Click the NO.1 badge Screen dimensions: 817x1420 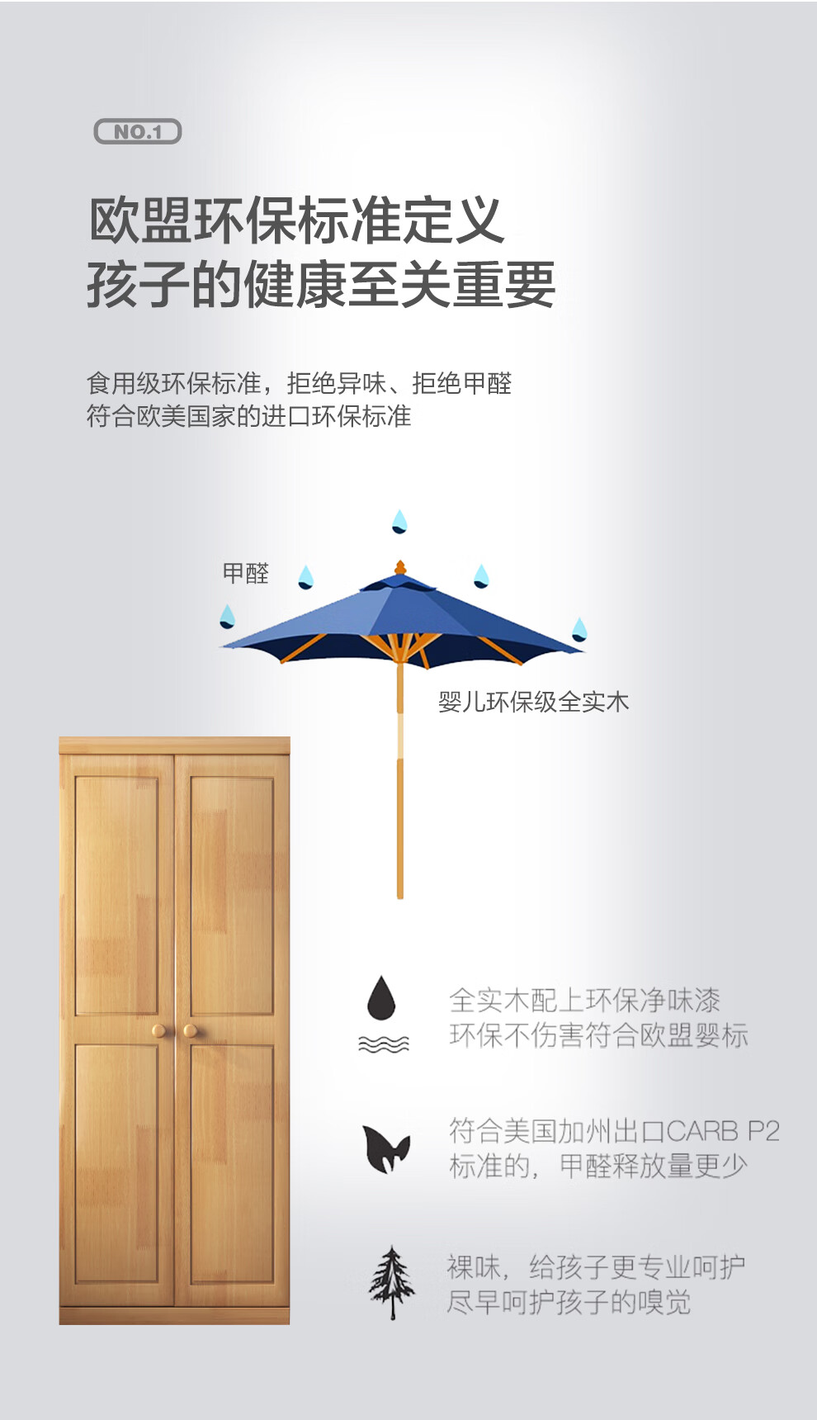[138, 131]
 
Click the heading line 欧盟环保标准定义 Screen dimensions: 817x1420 [295, 220]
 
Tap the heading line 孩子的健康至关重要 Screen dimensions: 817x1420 [320, 284]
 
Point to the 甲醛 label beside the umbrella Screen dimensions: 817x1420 [246, 573]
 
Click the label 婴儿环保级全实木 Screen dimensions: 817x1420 [533, 702]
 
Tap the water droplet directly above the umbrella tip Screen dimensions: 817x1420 [399, 521]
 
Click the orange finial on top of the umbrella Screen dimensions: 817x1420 [400, 568]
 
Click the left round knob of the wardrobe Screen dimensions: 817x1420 [158, 1030]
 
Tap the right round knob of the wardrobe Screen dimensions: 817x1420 [190, 1030]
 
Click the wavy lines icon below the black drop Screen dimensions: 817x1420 [383, 1044]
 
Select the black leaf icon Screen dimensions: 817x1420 [385, 1148]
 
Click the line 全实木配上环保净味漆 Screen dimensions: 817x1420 [584, 1000]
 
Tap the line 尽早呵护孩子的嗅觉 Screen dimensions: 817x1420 [569, 1302]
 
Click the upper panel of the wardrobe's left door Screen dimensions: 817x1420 [116, 896]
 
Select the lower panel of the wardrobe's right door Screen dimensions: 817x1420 [232, 1162]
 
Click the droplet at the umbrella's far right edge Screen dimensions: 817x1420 [579, 629]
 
